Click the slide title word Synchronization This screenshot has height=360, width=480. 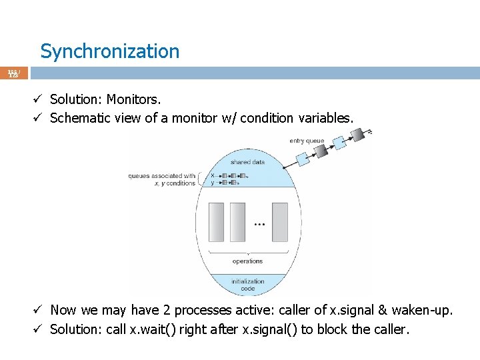(x=109, y=51)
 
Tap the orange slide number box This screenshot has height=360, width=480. (x=14, y=73)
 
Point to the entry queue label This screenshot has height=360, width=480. (x=307, y=141)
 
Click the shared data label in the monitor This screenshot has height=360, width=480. (x=247, y=162)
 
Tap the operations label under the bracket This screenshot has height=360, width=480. (x=247, y=261)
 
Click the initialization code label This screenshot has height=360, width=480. (x=247, y=285)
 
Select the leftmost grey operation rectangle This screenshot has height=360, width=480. (x=216, y=222)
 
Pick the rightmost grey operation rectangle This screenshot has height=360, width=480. (x=280, y=222)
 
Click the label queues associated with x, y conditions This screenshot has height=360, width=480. (x=162, y=179)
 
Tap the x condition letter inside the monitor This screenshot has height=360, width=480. (x=212, y=176)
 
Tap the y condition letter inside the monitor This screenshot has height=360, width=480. (x=212, y=183)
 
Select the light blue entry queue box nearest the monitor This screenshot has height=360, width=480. (x=301, y=159)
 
